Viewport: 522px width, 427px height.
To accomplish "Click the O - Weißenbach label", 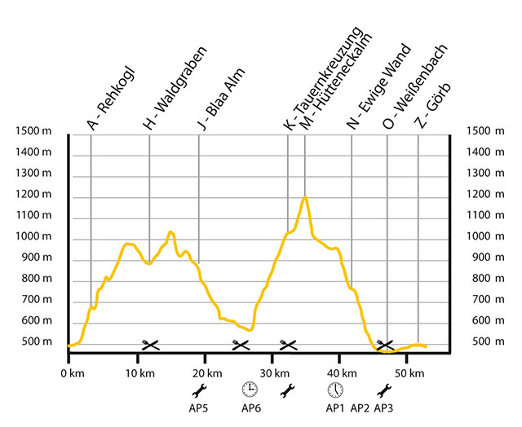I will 412,91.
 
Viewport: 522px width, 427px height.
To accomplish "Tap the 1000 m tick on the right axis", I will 481,236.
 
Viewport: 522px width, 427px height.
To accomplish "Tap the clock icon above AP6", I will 250,389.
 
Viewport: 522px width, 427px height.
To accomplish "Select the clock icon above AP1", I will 334,389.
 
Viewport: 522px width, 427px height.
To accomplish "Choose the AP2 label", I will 360,407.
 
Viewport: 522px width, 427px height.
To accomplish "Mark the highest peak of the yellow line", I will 305,197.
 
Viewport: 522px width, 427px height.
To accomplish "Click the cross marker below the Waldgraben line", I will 150,346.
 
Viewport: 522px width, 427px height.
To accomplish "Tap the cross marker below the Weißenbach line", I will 385,346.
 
